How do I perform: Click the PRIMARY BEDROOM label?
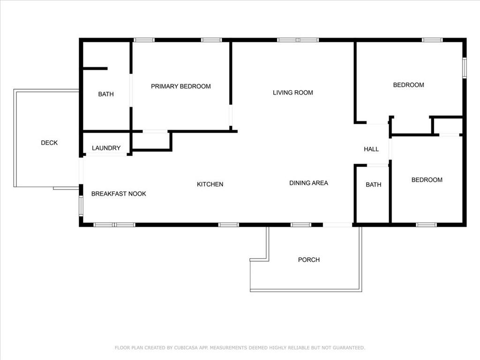[x=180, y=86]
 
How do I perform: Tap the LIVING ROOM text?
[x=292, y=92]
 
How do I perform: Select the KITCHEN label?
[x=210, y=184]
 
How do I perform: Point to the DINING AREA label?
[x=308, y=183]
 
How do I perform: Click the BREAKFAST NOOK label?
[x=119, y=194]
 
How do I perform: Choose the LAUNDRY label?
[x=106, y=148]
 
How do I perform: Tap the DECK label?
[x=49, y=142]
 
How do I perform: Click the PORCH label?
[x=309, y=260]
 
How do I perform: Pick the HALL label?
[x=371, y=150]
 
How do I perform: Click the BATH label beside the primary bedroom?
[x=106, y=94]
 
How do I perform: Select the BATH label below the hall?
[x=374, y=185]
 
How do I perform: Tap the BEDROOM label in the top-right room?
[x=409, y=85]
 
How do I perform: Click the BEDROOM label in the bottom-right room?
[x=427, y=180]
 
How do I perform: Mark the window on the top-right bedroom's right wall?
[x=465, y=68]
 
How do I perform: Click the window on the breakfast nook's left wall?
[x=81, y=206]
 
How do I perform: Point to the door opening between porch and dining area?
[x=337, y=225]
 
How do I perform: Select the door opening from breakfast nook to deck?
[x=81, y=171]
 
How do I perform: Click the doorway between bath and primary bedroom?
[x=131, y=90]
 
